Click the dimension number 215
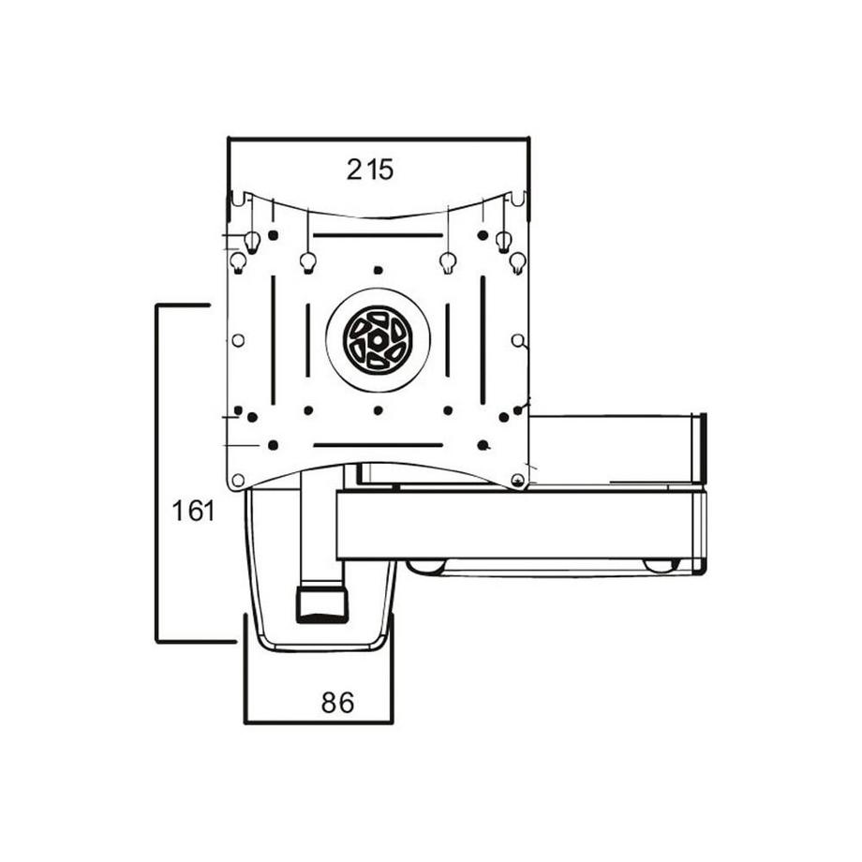370,170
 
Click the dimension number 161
194,512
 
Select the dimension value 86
337,703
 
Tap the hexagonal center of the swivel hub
378,339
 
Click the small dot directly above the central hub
378,270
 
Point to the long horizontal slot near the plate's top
378,235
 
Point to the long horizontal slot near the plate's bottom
378,444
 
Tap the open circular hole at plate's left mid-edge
238,340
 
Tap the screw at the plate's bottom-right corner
516,481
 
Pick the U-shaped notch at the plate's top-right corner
516,199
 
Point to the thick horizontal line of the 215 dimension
379,140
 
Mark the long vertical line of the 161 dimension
156,473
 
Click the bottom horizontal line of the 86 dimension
319,722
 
